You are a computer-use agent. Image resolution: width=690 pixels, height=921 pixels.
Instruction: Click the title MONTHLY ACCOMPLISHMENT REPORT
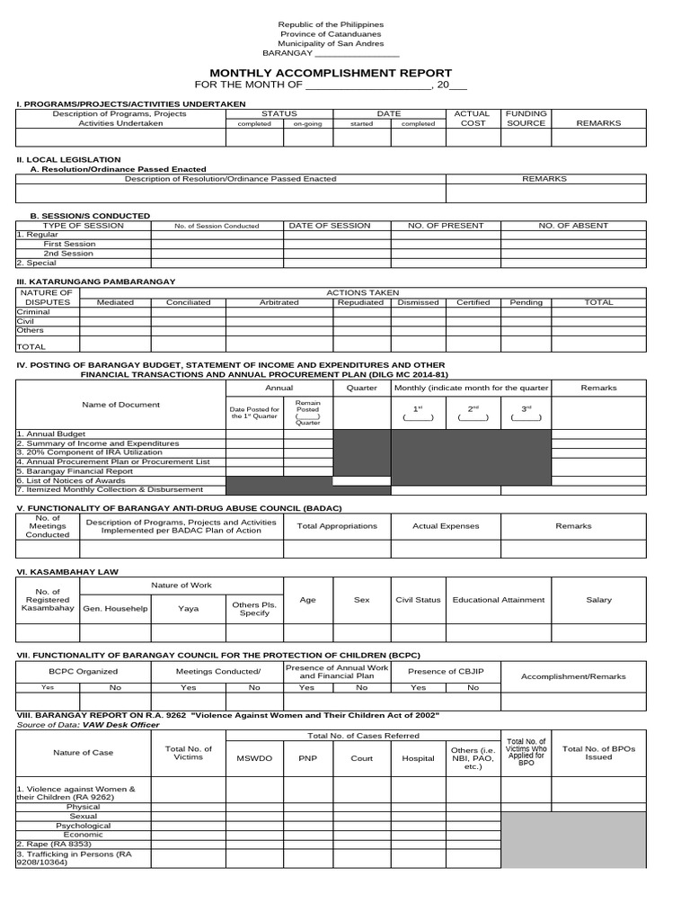click(x=331, y=73)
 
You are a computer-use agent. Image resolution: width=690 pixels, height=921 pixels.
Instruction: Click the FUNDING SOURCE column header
click(x=526, y=119)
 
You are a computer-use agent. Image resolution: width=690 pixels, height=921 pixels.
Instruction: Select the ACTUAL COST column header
click(x=472, y=119)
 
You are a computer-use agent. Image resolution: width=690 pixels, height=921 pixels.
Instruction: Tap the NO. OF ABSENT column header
click(x=573, y=226)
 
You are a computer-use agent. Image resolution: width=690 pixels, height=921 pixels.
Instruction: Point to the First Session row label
click(x=69, y=244)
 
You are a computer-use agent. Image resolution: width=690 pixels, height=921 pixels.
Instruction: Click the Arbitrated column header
click(x=279, y=303)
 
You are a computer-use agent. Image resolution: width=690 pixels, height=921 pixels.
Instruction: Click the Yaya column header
click(x=189, y=609)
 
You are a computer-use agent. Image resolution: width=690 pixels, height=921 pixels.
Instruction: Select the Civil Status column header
click(x=418, y=600)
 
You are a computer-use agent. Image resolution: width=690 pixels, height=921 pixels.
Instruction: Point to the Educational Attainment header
click(x=499, y=600)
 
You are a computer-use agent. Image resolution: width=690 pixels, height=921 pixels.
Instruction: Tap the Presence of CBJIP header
click(x=446, y=671)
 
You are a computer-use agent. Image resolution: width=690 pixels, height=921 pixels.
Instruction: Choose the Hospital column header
click(x=418, y=758)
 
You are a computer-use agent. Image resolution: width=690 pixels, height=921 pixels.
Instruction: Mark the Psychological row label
click(x=84, y=826)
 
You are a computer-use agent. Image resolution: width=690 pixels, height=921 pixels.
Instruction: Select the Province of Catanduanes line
click(x=331, y=33)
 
